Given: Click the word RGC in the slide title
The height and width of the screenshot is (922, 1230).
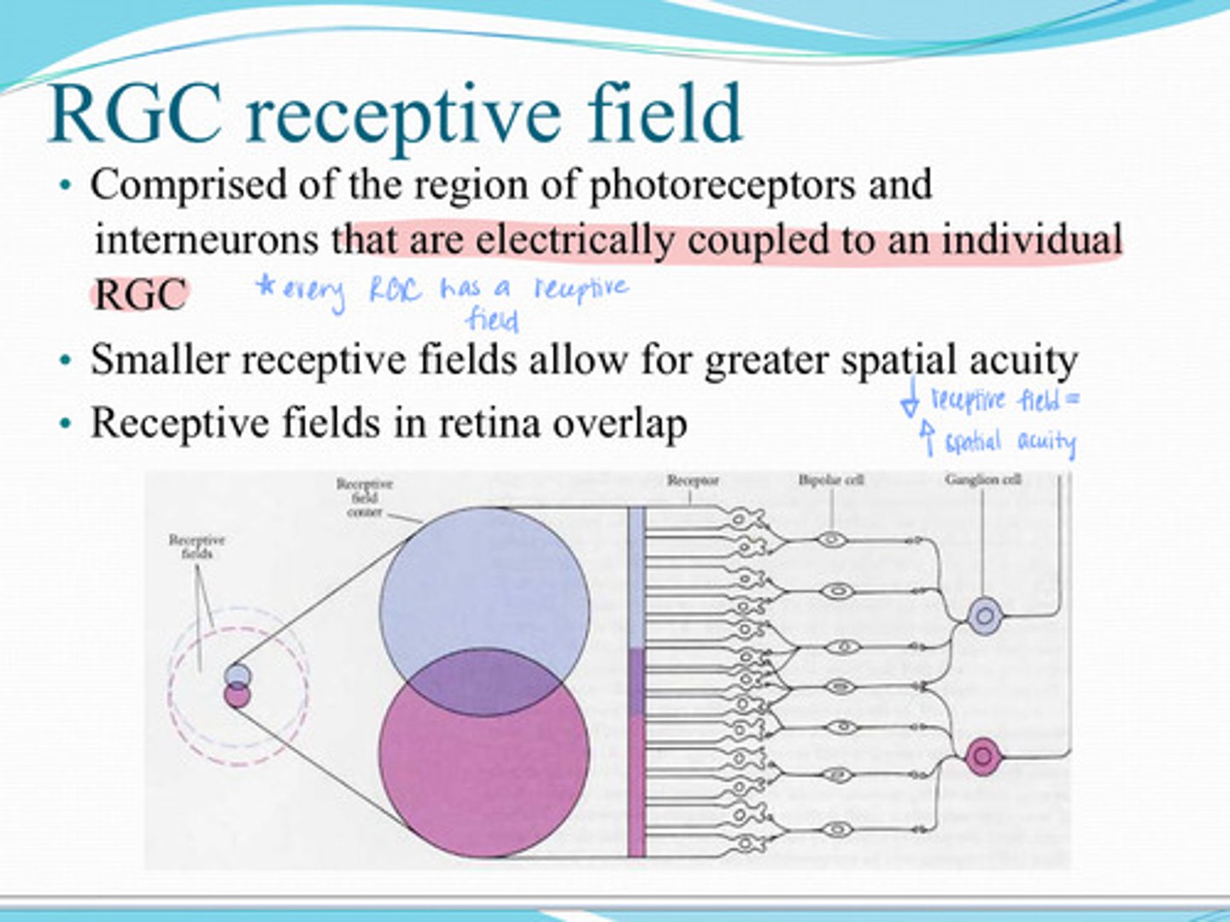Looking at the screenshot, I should [137, 114].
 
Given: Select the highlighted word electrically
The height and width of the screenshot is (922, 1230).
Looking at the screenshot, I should [574, 240].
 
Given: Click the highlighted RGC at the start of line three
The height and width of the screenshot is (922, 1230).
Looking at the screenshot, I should [139, 295].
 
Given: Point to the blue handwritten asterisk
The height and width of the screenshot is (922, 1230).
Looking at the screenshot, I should [266, 288].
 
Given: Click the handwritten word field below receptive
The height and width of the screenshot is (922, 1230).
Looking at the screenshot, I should [493, 319].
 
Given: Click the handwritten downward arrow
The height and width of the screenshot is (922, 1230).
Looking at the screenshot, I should [911, 400].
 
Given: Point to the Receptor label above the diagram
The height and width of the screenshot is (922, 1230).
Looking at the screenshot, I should [692, 481].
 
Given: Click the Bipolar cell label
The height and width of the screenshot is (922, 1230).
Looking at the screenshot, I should [831, 480].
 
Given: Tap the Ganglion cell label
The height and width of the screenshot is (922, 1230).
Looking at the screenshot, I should [983, 480].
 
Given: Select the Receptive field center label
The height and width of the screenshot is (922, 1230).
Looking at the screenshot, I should [365, 498].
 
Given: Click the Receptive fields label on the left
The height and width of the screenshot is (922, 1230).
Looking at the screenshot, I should [196, 546].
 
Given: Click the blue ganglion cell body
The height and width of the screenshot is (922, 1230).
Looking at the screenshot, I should [985, 615].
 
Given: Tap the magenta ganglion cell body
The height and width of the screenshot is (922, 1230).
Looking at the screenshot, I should [982, 756].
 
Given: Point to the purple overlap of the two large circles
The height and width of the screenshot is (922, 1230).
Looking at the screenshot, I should [484, 683].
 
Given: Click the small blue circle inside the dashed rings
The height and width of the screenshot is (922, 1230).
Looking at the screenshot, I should [237, 675].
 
